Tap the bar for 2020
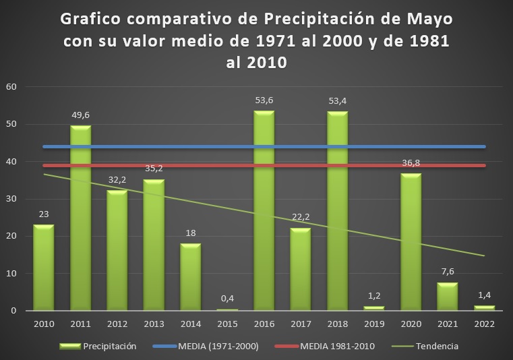pyautogui.click(x=410, y=242)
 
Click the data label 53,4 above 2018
pyautogui.click(x=337, y=101)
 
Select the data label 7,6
pyautogui.click(x=447, y=272)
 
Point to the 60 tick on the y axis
pyautogui.click(x=11, y=86)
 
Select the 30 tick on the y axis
pyautogui.click(x=11, y=199)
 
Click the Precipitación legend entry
pyautogui.click(x=108, y=347)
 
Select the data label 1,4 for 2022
pyautogui.click(x=484, y=295)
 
